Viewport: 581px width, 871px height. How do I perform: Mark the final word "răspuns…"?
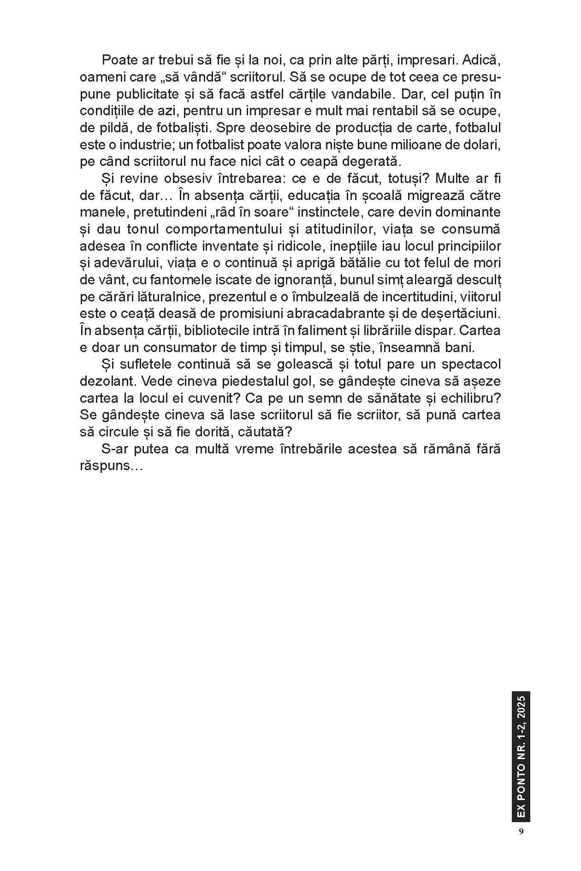pyautogui.click(x=110, y=466)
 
